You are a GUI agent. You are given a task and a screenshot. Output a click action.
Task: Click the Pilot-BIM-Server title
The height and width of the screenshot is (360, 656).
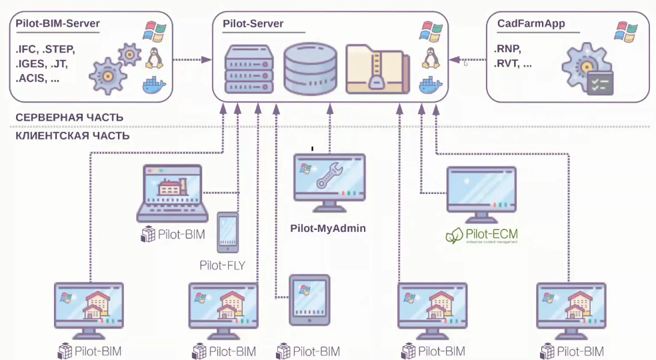point(57,25)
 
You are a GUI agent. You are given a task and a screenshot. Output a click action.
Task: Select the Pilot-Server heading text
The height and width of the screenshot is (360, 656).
point(253,25)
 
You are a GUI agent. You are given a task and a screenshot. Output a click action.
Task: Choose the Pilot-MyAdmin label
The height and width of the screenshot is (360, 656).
point(328,228)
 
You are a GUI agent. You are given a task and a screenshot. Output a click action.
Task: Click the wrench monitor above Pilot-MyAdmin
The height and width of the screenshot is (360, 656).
point(330,181)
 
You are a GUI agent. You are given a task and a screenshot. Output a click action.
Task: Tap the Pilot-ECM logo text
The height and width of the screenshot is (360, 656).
point(481,235)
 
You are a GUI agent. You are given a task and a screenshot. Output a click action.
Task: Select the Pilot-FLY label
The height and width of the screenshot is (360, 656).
point(222,265)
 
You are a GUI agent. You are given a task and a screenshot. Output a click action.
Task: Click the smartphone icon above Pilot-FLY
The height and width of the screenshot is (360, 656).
point(228,232)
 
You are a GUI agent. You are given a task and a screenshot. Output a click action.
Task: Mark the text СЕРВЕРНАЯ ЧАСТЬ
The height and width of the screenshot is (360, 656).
point(69,117)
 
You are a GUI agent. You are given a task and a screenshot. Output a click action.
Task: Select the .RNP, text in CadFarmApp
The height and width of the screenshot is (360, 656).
point(508,49)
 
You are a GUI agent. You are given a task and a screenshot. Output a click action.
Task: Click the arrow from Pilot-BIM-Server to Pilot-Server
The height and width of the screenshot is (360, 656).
point(193,60)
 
